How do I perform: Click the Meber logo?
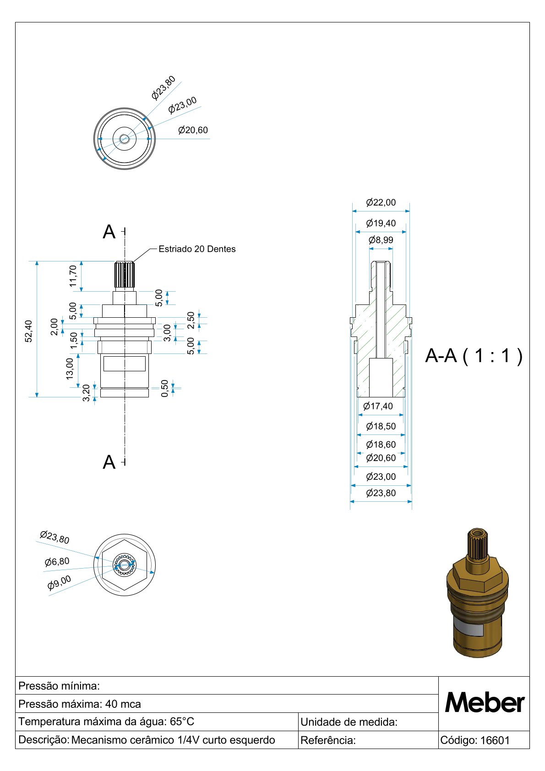click(484, 703)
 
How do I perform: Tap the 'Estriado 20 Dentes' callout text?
click(197, 249)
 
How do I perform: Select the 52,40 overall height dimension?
click(29, 331)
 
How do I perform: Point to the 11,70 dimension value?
click(73, 276)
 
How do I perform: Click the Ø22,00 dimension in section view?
click(381, 202)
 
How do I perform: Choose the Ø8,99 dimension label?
click(381, 240)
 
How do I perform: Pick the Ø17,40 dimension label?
click(378, 406)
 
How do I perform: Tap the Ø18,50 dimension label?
click(381, 426)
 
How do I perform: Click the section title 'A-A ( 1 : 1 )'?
click(474, 355)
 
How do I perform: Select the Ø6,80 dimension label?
click(57, 562)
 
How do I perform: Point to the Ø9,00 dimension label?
click(60, 582)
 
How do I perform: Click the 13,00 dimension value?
click(70, 369)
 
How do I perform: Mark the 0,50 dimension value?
click(165, 388)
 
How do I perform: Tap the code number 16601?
click(495, 740)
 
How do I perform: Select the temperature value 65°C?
click(182, 722)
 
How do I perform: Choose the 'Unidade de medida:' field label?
click(349, 722)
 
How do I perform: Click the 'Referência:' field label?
click(328, 740)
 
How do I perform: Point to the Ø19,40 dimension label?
click(381, 223)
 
